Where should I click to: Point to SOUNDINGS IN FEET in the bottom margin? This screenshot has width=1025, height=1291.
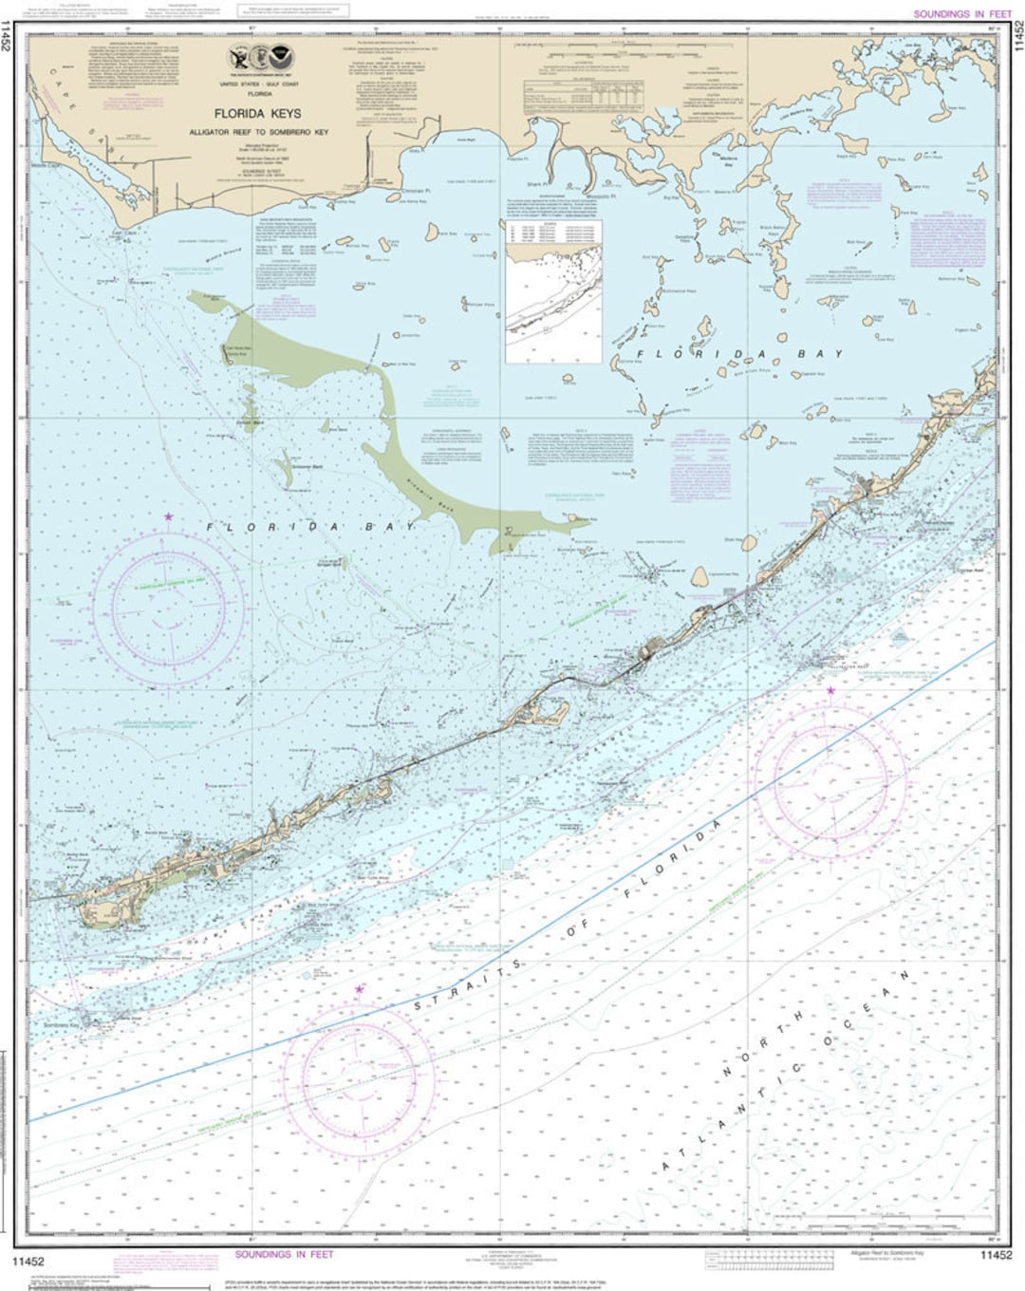click(x=284, y=1255)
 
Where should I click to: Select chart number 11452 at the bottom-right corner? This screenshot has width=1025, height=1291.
click(x=995, y=1255)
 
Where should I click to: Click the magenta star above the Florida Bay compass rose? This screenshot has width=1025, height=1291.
click(x=169, y=517)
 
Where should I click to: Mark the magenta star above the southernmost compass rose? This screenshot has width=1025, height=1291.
click(x=359, y=989)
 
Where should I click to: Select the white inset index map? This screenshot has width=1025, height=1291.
click(x=552, y=291)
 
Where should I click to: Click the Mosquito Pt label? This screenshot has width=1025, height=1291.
click(x=602, y=197)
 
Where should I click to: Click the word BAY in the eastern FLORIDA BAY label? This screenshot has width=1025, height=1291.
click(x=819, y=354)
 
